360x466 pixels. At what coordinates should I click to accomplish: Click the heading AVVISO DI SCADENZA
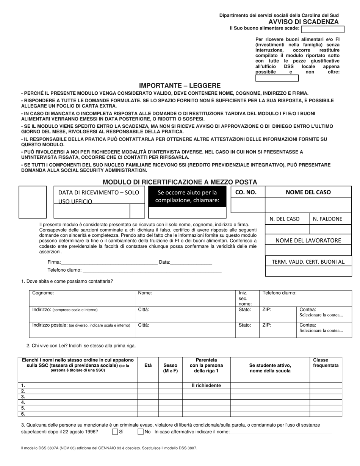tap(304, 22)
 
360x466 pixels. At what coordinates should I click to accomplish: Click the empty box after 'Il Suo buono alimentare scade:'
tap(322, 29)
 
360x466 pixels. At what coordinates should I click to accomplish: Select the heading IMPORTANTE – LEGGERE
tap(180, 86)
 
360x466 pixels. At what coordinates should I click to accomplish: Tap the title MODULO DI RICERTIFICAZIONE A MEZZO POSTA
tap(180, 182)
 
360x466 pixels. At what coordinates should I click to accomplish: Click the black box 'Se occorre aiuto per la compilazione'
tap(187, 196)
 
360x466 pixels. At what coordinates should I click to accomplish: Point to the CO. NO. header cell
tap(246, 192)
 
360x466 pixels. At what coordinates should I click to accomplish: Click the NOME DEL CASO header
tap(308, 192)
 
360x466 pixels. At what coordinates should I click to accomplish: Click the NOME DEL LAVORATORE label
tap(308, 240)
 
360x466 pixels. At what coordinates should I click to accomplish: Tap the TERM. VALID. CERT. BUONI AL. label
tap(308, 261)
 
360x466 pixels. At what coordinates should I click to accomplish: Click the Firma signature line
tap(109, 262)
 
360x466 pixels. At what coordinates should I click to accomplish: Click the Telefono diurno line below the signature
tap(152, 270)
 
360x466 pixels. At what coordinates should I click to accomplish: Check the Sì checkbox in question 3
tap(115, 432)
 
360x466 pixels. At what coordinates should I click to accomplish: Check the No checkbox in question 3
tap(141, 432)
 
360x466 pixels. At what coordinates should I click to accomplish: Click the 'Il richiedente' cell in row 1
tap(206, 385)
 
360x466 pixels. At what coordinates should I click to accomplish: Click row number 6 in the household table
tap(23, 414)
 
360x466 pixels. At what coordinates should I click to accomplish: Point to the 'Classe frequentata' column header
tap(326, 363)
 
